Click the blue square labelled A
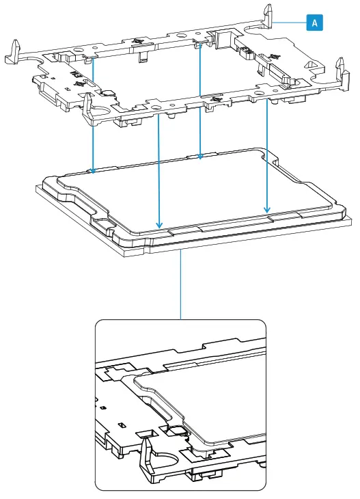click(314, 23)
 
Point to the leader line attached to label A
click(294, 23)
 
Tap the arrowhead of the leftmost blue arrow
click(93, 168)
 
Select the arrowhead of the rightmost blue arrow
click(267, 208)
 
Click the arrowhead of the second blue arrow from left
click(159, 225)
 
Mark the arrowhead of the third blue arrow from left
click(199, 156)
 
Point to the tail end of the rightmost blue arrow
click(267, 103)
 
